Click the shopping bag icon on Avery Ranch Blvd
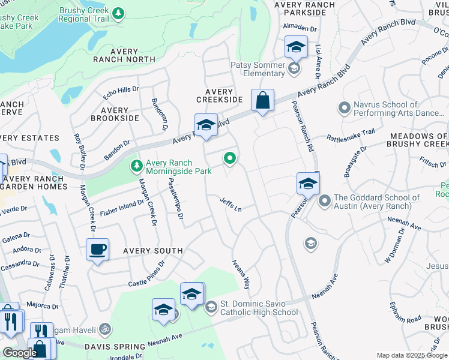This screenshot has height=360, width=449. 263,100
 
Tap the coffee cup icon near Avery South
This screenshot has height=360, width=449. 97,249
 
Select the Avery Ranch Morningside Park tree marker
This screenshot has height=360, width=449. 137,165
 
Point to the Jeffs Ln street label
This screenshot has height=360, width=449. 231,205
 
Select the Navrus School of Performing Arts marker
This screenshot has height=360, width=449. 344,109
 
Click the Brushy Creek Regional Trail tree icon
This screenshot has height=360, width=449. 119,13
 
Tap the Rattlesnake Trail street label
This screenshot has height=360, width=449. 351,136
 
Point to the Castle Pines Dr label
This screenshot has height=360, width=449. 146,274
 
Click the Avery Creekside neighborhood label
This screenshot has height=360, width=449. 219,95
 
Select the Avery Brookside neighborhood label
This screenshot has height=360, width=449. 114,114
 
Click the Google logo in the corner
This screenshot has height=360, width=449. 20,352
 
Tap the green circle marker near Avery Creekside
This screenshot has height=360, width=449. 229,158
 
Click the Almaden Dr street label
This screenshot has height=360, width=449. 300,28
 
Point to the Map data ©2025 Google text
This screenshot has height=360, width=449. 412,355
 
